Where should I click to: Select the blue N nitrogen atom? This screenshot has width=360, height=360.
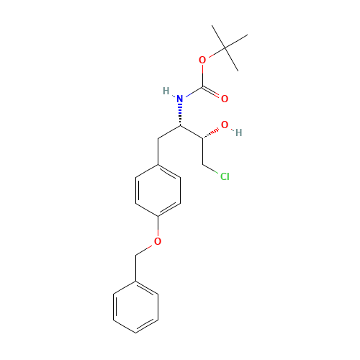pos(179,98)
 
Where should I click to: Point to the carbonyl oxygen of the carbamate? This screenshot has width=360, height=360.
pos(225,98)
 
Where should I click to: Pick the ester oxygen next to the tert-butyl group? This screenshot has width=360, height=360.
pos(202,60)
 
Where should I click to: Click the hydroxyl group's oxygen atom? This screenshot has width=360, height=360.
pos(224,125)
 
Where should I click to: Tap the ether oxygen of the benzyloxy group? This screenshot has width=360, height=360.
pos(158,240)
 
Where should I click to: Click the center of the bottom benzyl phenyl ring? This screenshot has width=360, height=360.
pos(135,307)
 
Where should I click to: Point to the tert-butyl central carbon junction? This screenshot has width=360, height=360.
pos(225,47)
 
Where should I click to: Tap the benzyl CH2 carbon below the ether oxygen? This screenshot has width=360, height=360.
pos(135,254)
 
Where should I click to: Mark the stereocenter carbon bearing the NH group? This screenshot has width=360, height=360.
pos(180,125)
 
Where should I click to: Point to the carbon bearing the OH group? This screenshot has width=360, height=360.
pos(202,138)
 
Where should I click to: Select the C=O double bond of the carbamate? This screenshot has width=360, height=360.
pos(214,93)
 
